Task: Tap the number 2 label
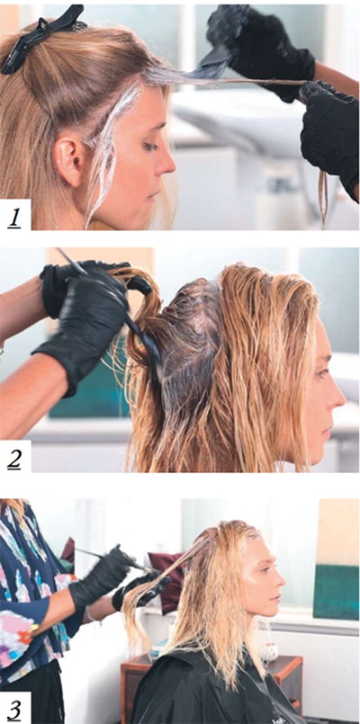click(15, 456)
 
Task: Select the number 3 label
click(15, 705)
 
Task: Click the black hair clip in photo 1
click(40, 40)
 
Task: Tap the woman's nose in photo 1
click(168, 163)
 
